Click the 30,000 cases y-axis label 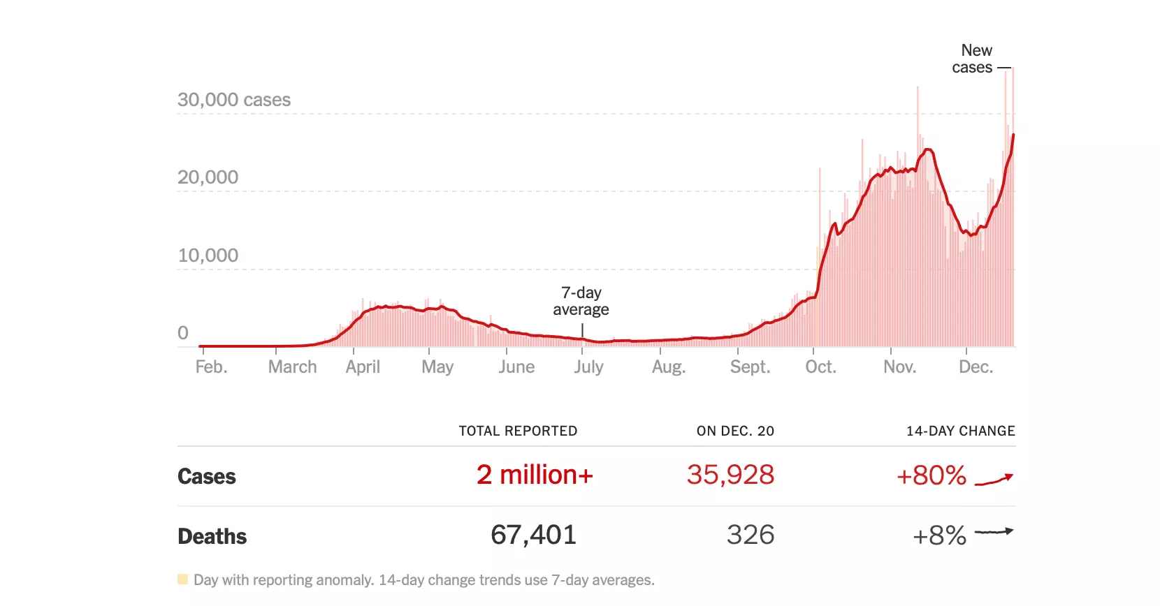[x=234, y=100]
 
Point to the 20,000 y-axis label [x=208, y=177]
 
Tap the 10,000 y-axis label [x=208, y=256]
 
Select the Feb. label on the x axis [x=211, y=367]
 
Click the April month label [x=363, y=367]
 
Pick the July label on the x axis [x=588, y=367]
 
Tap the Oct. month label [x=820, y=367]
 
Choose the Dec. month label [x=976, y=367]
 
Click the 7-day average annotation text [x=581, y=301]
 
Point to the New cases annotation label [x=973, y=59]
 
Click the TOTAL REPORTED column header [x=518, y=431]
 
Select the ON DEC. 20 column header [x=735, y=431]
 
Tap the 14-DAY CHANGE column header [x=960, y=431]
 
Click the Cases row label [x=207, y=476]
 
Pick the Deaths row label [x=212, y=536]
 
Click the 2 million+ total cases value [x=535, y=475]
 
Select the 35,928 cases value [x=730, y=475]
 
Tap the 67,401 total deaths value [x=533, y=535]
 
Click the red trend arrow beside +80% [x=994, y=479]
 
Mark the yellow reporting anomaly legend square [x=183, y=579]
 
